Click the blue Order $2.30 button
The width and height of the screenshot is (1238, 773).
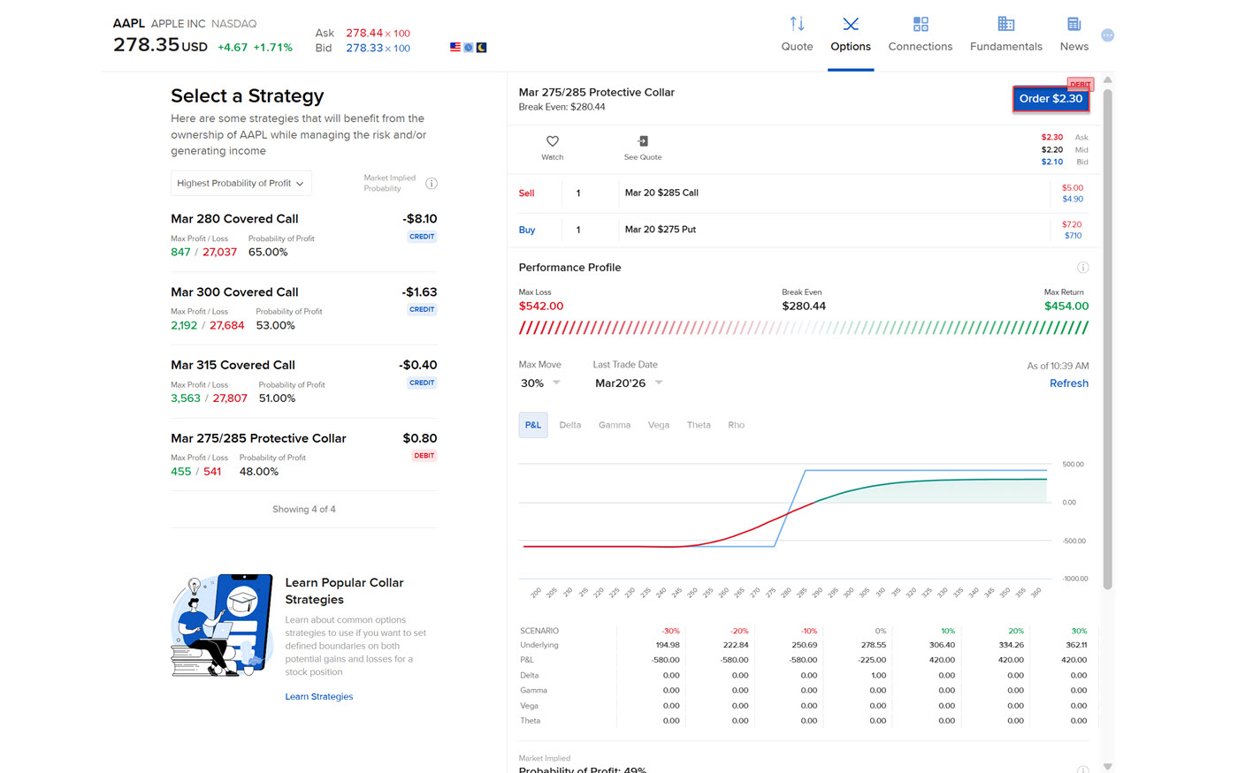click(x=1051, y=99)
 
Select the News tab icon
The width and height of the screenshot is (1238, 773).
click(x=1074, y=24)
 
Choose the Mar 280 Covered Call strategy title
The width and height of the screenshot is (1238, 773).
click(x=234, y=219)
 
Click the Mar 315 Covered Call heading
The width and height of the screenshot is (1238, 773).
click(x=233, y=365)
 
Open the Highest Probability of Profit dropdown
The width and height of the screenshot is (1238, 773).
click(x=241, y=184)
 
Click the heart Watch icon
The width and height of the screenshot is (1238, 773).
click(x=553, y=141)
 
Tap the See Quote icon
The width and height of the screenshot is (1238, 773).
click(x=643, y=141)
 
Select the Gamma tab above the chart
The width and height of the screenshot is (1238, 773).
click(x=615, y=425)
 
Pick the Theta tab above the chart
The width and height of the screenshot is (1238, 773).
click(x=699, y=425)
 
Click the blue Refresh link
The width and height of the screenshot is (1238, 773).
click(x=1068, y=383)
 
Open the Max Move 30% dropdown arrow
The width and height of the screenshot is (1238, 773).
click(x=556, y=383)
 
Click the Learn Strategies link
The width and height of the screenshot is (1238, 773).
click(x=318, y=697)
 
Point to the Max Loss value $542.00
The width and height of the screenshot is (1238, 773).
click(x=541, y=307)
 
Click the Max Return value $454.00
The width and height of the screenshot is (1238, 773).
click(x=1066, y=307)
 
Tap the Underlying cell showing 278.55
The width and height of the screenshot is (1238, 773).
click(x=873, y=645)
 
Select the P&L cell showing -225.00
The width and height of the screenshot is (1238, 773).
click(x=873, y=660)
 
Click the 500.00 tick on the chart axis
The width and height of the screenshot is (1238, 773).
click(x=1073, y=465)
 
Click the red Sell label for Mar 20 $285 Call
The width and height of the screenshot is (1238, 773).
click(x=526, y=193)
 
